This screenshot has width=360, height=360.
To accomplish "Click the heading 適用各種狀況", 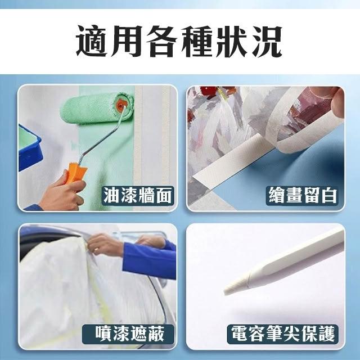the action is [179, 41].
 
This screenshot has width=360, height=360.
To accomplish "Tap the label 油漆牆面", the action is [138, 195].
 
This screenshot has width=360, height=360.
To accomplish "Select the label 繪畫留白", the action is [303, 195].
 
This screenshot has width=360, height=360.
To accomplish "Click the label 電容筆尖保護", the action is [283, 334].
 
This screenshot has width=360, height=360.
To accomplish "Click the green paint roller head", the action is [97, 109].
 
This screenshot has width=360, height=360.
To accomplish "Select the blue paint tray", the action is [29, 147].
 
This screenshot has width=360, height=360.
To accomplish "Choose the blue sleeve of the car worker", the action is [149, 258].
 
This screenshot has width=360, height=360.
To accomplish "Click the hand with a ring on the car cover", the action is [105, 245].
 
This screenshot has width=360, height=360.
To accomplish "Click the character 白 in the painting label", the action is [329, 195].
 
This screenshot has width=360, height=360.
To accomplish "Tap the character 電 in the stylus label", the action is [239, 334].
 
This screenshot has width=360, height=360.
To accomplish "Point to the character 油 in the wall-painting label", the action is [111, 195].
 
